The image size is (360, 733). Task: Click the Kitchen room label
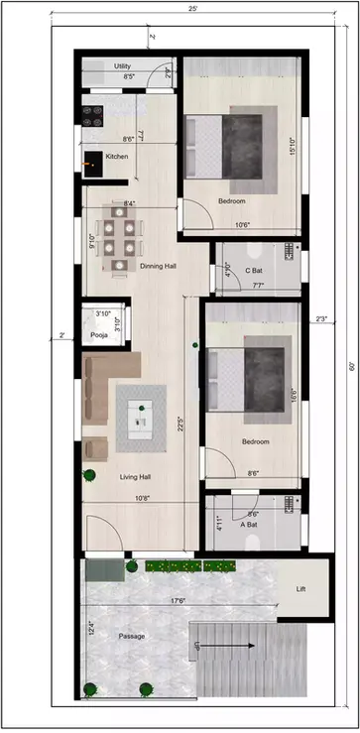click(x=117, y=157)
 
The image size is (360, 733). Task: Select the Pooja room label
click(x=99, y=335)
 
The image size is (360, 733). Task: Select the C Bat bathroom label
click(x=254, y=270)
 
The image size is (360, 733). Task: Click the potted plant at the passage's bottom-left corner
click(x=91, y=689)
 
